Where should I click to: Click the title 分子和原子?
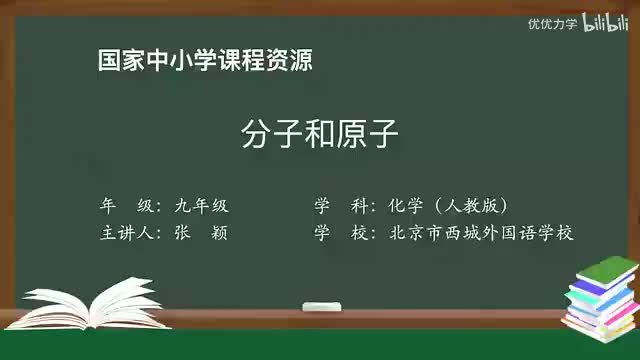pos(320,133)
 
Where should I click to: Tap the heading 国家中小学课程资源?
pos(205,60)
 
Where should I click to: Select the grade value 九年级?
pos(201,206)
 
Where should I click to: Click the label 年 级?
pos(127,206)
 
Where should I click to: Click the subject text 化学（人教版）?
pos(449,206)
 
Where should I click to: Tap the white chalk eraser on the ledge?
pos(321,305)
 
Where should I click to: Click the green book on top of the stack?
pos(607,269)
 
